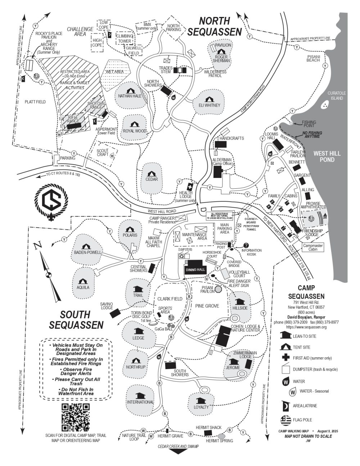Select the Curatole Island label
pyautogui.click(x=335, y=95)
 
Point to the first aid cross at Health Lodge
pyautogui.click(x=189, y=187)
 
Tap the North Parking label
pyautogui.click(x=174, y=28)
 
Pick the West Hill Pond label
pyautogui.click(x=327, y=156)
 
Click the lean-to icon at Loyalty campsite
pyautogui.click(x=201, y=400)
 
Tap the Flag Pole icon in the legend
pyautogui.click(x=285, y=420)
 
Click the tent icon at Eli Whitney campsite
pyautogui.click(x=208, y=99)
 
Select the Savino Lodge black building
pyautogui.click(x=116, y=313)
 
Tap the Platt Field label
pyautogui.click(x=35, y=102)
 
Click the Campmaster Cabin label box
pyautogui.click(x=313, y=247)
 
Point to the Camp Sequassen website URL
pyautogui.click(x=306, y=327)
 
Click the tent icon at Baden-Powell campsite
pyautogui.click(x=86, y=247)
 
